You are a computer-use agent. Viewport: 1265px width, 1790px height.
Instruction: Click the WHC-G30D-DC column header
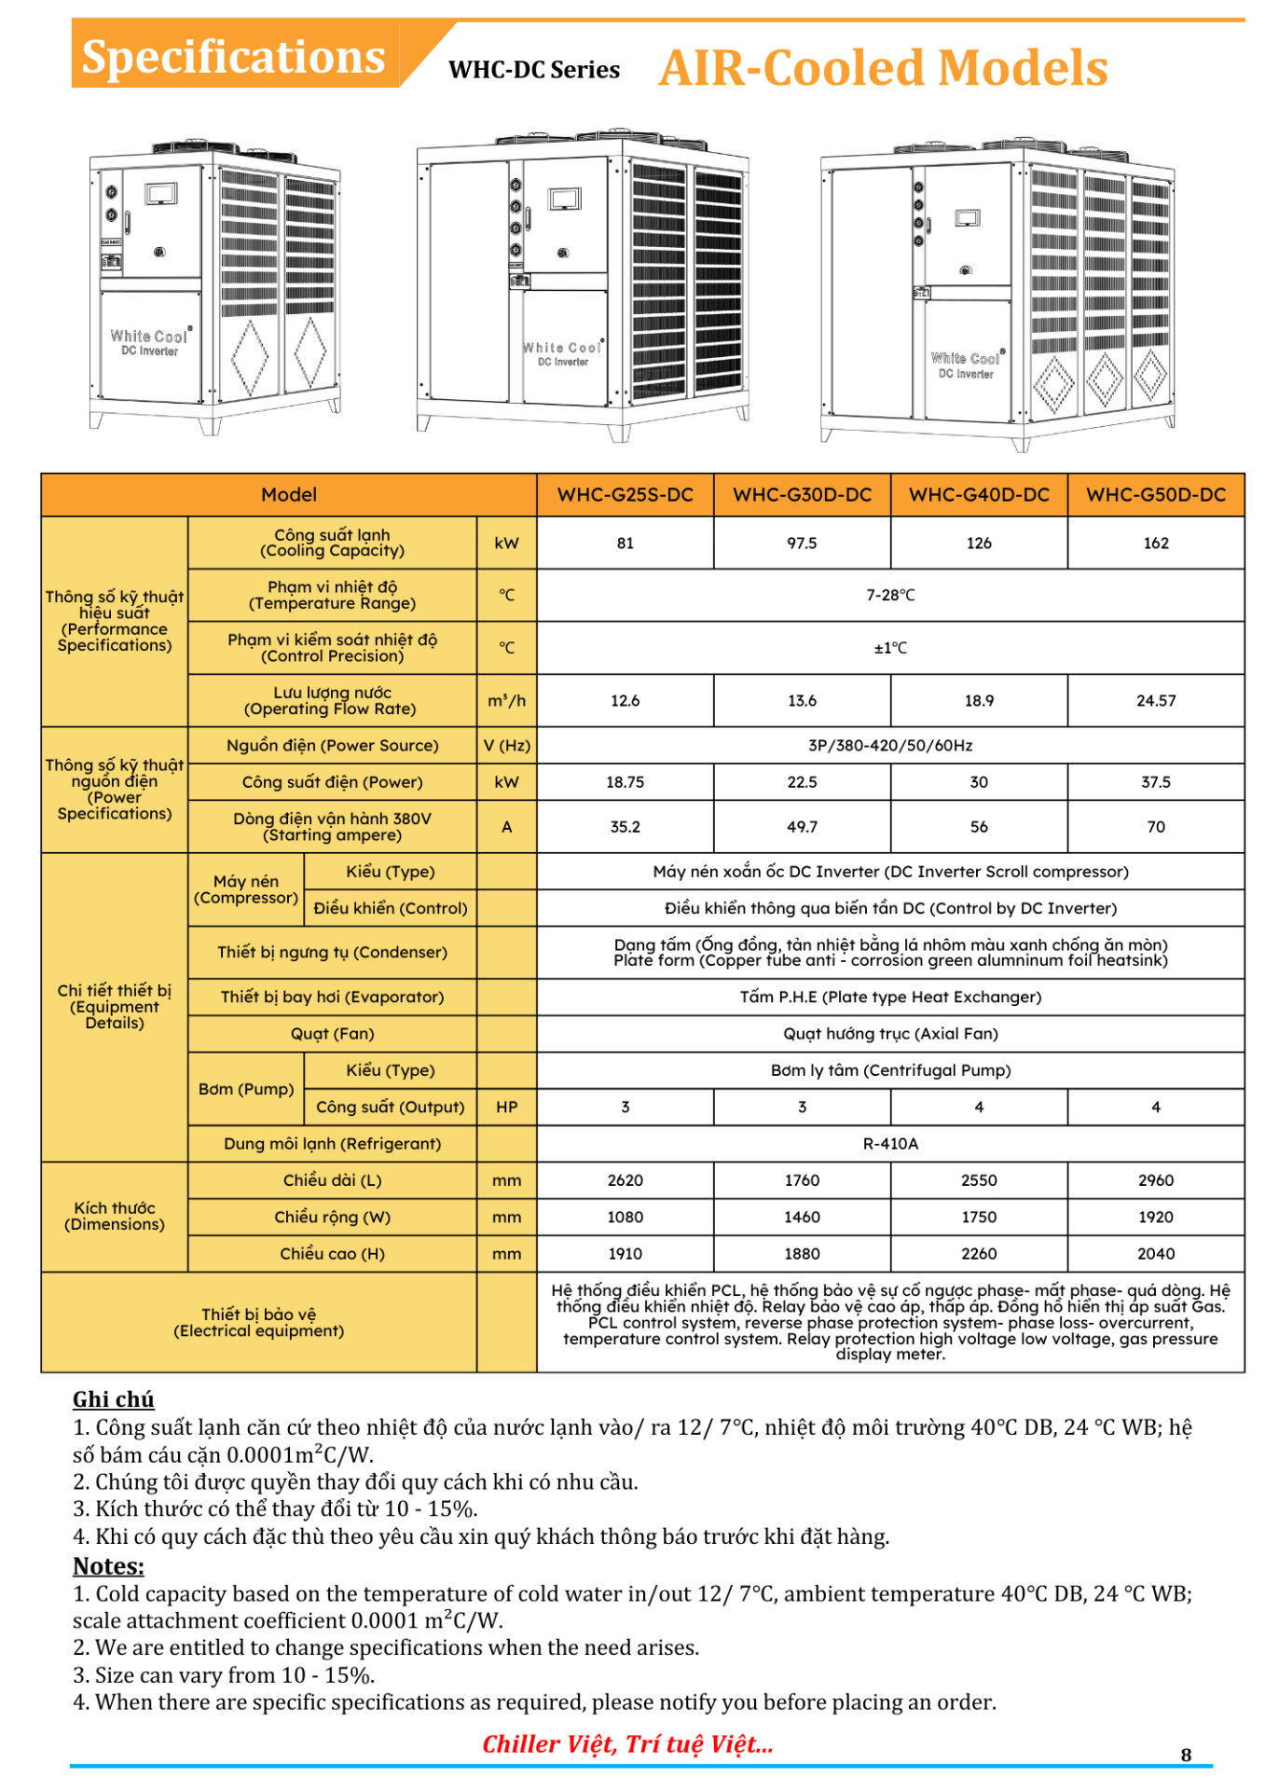802,495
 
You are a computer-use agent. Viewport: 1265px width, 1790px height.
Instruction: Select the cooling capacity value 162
1155,544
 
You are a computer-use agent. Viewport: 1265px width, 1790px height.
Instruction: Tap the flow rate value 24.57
1155,701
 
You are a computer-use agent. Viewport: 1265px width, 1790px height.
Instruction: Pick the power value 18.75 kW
625,782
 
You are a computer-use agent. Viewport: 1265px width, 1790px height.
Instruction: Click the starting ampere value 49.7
802,827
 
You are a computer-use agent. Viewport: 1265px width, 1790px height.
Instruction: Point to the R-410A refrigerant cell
890,1144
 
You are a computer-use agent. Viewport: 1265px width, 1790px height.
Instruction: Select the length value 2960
1155,1180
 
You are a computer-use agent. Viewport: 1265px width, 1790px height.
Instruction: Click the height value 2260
979,1254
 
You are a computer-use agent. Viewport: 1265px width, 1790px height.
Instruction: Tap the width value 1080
625,1218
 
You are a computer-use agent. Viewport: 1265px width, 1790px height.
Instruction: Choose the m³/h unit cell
506,701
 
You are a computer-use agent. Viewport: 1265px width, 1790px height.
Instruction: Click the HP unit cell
506,1108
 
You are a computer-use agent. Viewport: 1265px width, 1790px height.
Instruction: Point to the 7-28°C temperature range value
890,595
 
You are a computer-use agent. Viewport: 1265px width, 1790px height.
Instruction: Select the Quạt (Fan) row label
332,1034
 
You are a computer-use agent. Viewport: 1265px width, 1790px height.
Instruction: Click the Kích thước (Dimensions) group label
115,1217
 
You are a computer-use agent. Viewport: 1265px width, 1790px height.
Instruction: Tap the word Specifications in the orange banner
233,57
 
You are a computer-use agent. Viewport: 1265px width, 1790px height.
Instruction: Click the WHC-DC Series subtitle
533,70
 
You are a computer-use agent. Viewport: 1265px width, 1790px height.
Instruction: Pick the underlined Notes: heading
108,1566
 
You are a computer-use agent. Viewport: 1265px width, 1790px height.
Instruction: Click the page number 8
1186,1755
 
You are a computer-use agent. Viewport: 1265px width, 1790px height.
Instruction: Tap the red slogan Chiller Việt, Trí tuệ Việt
627,1744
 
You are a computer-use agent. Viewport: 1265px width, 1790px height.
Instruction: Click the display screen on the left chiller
160,193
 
